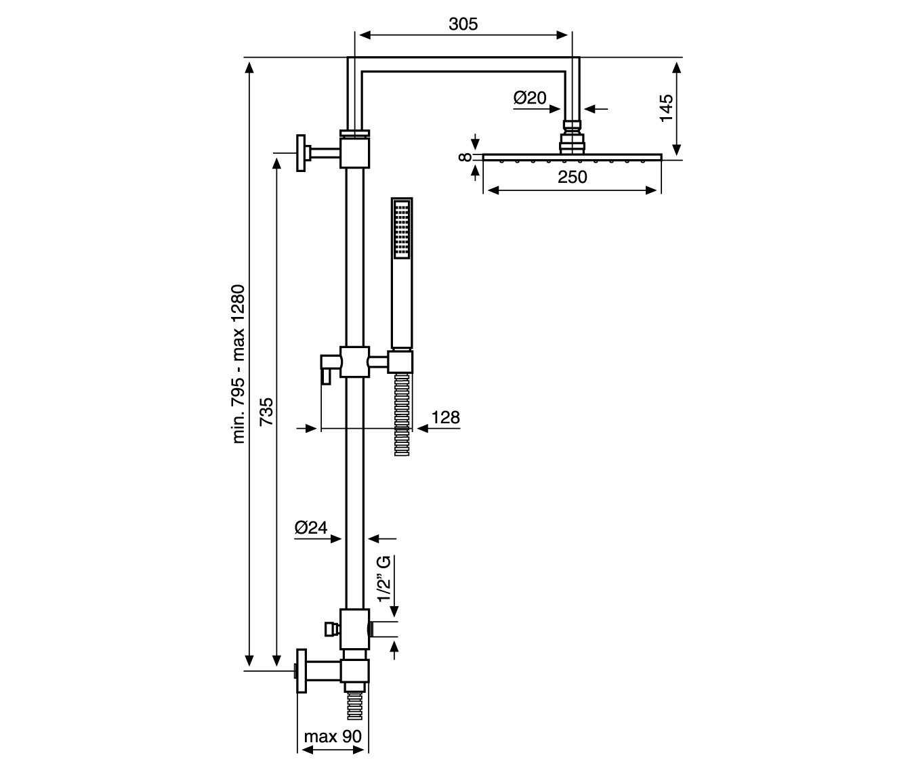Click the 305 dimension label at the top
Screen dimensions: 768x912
[463, 24]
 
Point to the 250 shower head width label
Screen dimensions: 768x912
[573, 177]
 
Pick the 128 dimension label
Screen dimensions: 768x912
[445, 417]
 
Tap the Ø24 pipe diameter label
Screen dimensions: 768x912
[311, 528]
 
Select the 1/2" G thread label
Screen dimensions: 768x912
[384, 579]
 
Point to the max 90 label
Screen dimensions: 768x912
[332, 736]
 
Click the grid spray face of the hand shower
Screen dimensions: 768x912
[402, 229]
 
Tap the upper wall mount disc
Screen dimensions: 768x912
[301, 153]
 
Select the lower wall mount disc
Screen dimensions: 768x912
[301, 671]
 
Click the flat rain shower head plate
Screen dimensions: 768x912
[572, 157]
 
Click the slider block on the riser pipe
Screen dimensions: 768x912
[355, 362]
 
